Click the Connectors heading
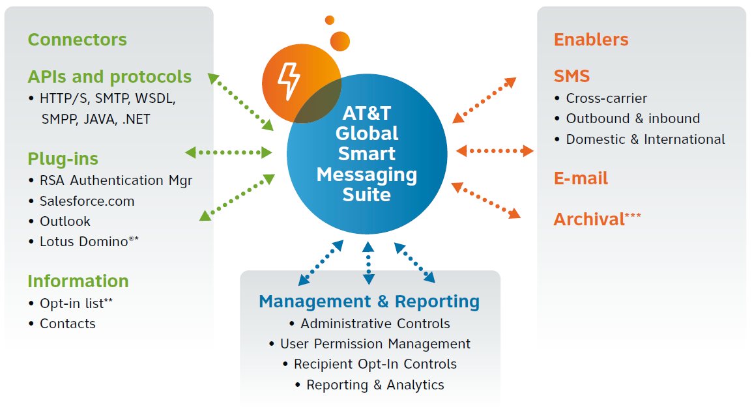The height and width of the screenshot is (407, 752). coord(77,40)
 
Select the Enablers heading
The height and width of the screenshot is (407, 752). coord(591,40)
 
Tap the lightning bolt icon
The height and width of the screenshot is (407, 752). coord(288,81)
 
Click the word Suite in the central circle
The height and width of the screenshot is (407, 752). coord(367,195)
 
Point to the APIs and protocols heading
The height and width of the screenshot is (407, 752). coord(109,77)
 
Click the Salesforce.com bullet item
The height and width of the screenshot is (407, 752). coord(87,201)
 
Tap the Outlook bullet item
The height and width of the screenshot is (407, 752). coord(65,221)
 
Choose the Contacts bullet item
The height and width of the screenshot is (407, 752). coord(67,324)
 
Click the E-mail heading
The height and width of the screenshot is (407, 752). coord(581,178)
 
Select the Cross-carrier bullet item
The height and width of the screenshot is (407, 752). coord(606,99)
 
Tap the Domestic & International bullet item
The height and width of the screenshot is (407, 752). coord(645,139)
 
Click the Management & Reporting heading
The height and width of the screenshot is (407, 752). coord(369,302)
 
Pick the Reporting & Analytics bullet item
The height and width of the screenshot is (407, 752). coord(375,385)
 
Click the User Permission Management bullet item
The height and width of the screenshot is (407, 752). coord(375,344)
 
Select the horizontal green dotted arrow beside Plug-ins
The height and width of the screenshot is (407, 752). coord(228,152)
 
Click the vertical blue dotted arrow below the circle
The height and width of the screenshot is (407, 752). coord(369,263)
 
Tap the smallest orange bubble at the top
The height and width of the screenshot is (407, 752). coord(330,20)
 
